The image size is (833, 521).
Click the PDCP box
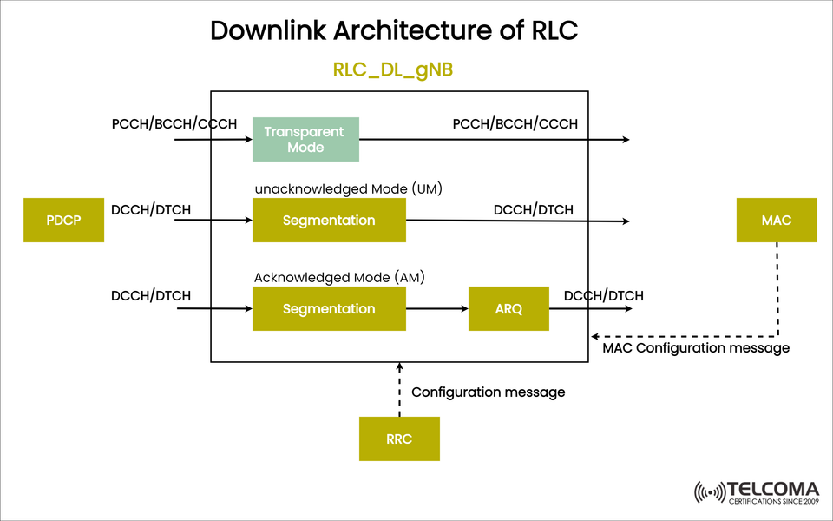pyautogui.click(x=63, y=221)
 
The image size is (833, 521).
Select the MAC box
pyautogui.click(x=777, y=221)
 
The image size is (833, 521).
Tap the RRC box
pyautogui.click(x=399, y=439)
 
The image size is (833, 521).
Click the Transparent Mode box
pyautogui.click(x=305, y=140)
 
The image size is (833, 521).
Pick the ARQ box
pyautogui.click(x=508, y=308)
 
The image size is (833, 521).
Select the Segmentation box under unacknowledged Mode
pyautogui.click(x=329, y=221)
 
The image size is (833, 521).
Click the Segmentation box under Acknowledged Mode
pyautogui.click(x=329, y=308)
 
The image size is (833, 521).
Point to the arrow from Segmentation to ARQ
pyautogui.click(x=436, y=308)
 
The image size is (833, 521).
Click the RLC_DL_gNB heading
pyautogui.click(x=393, y=70)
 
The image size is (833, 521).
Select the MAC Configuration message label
pyautogui.click(x=696, y=348)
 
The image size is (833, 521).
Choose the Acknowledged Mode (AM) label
pyautogui.click(x=338, y=278)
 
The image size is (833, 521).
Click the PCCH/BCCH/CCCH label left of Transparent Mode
pyautogui.click(x=174, y=124)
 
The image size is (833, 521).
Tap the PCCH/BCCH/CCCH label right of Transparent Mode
pyautogui.click(x=515, y=124)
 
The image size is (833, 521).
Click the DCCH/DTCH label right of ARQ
pyautogui.click(x=604, y=296)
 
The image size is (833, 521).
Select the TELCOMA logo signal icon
pyautogui.click(x=710, y=492)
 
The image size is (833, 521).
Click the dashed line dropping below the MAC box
pyautogui.click(x=777, y=287)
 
